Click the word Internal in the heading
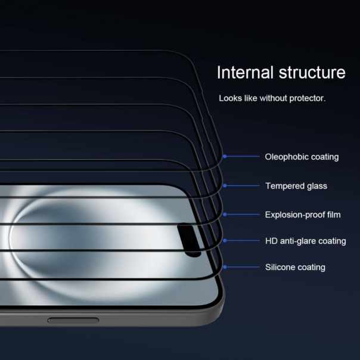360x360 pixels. pyautogui.click(x=245, y=73)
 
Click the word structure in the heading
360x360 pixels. pyautogui.click(x=312, y=73)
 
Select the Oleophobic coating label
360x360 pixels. pyautogui.click(x=302, y=157)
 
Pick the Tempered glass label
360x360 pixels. pyautogui.click(x=296, y=186)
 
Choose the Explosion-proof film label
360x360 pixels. pyautogui.click(x=303, y=215)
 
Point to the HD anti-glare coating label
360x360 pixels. pyautogui.click(x=305, y=241)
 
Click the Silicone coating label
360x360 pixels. pyautogui.click(x=295, y=268)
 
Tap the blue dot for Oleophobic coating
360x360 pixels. pyautogui.click(x=225, y=156)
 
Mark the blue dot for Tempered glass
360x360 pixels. pyautogui.click(x=225, y=185)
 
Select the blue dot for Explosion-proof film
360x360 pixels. pyautogui.click(x=225, y=214)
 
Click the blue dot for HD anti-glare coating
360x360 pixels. pyautogui.click(x=225, y=241)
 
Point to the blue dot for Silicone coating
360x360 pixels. pyautogui.click(x=225, y=267)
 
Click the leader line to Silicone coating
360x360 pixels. pyautogui.click(x=241, y=267)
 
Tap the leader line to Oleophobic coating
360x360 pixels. pyautogui.click(x=241, y=156)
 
